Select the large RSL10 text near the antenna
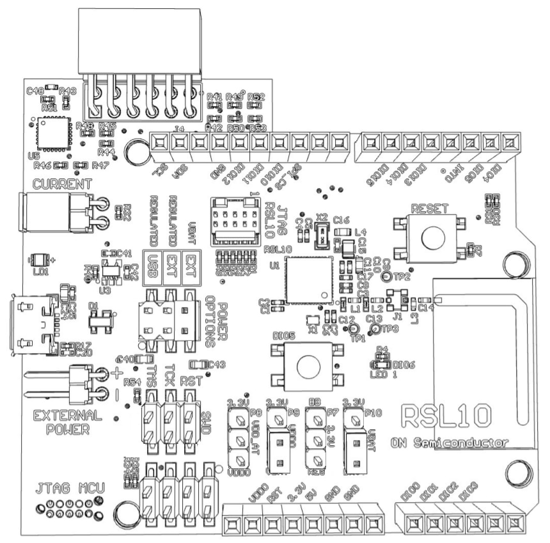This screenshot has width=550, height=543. pyautogui.click(x=447, y=416)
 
